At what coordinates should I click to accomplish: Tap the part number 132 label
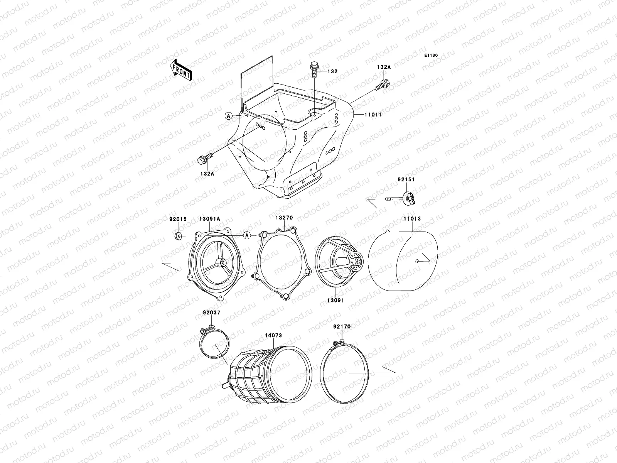332,72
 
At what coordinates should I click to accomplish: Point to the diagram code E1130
431,56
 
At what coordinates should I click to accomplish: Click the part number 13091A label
209,219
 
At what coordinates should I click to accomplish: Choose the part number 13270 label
284,218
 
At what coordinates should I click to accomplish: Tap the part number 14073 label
273,335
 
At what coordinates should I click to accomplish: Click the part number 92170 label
342,326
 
